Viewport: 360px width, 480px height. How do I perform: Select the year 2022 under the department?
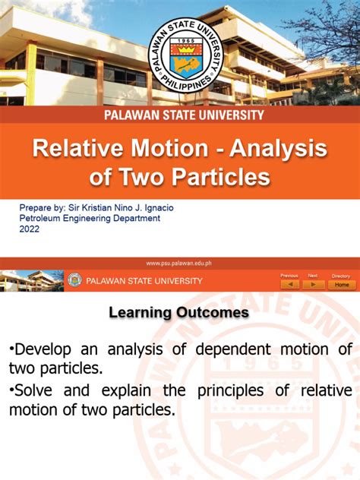[x=30, y=229]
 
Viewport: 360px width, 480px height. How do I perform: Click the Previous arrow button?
[x=289, y=285]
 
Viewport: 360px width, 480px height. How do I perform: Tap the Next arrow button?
[x=313, y=285]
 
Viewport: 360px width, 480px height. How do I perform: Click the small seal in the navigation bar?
[x=74, y=280]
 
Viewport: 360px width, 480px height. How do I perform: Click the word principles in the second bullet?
[x=238, y=391]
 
